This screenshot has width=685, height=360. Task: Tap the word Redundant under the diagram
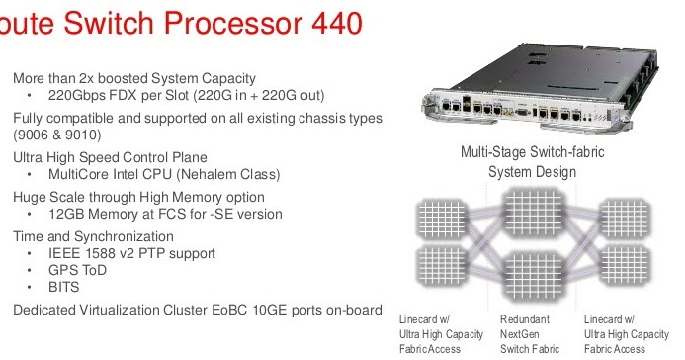click(526, 320)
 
